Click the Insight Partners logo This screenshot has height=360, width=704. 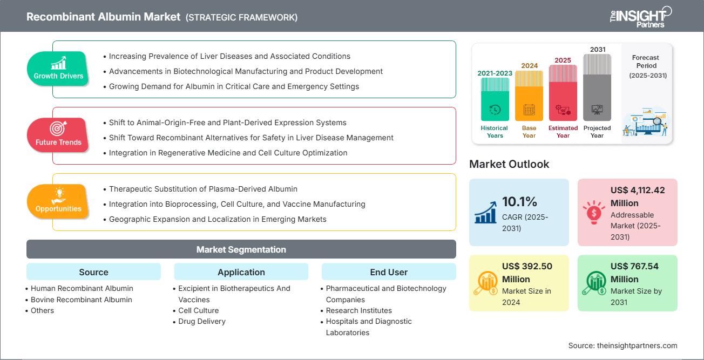coord(640,16)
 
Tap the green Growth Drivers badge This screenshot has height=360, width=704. coord(58,69)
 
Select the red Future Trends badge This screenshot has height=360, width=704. coord(58,135)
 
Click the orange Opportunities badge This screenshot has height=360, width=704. coord(58,202)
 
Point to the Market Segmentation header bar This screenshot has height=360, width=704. coord(241,249)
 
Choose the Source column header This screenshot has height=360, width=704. coord(93,272)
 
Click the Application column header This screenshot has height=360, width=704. coord(241,272)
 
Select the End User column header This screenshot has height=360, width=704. coord(389,272)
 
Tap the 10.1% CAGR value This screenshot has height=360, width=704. coord(520,202)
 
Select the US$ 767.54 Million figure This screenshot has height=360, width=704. coord(634,273)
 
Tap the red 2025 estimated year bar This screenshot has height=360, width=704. coord(563,93)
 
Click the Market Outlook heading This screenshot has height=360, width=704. coord(509,164)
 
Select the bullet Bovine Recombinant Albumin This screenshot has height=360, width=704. coord(81,300)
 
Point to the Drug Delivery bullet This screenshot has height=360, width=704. coord(202,321)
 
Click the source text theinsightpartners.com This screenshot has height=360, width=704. coord(622,345)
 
